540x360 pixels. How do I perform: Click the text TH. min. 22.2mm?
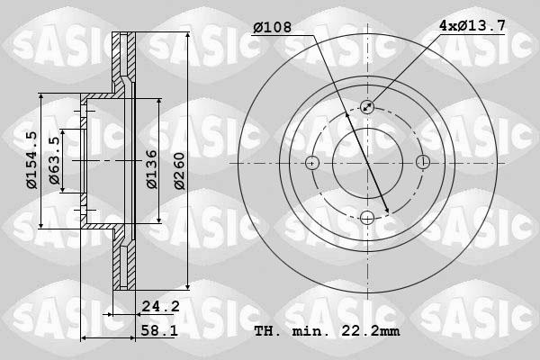[x=327, y=331]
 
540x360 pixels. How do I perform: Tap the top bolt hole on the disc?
[x=367, y=107]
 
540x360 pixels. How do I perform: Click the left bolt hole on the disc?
[x=312, y=163]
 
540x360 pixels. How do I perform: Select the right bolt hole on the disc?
[x=423, y=163]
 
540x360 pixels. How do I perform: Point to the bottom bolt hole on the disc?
[x=367, y=218]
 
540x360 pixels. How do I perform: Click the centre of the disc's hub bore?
[x=367, y=163]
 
